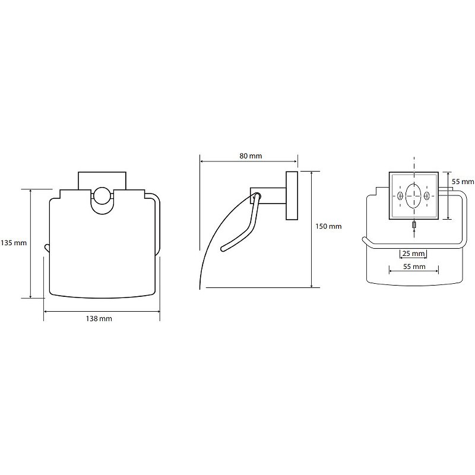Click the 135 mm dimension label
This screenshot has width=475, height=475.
coord(14,243)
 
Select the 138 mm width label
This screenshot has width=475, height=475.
coord(99,319)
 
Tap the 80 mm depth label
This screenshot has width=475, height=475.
coord(251,156)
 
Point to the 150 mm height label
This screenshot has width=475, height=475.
coord(328,226)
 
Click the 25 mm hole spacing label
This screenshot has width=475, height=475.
coord(413,254)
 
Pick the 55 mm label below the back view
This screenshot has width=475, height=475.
coord(414,267)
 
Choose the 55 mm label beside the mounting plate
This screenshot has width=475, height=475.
coord(463,182)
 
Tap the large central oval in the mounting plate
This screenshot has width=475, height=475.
coord(413,195)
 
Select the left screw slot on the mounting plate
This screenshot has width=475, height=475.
coord(400,196)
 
